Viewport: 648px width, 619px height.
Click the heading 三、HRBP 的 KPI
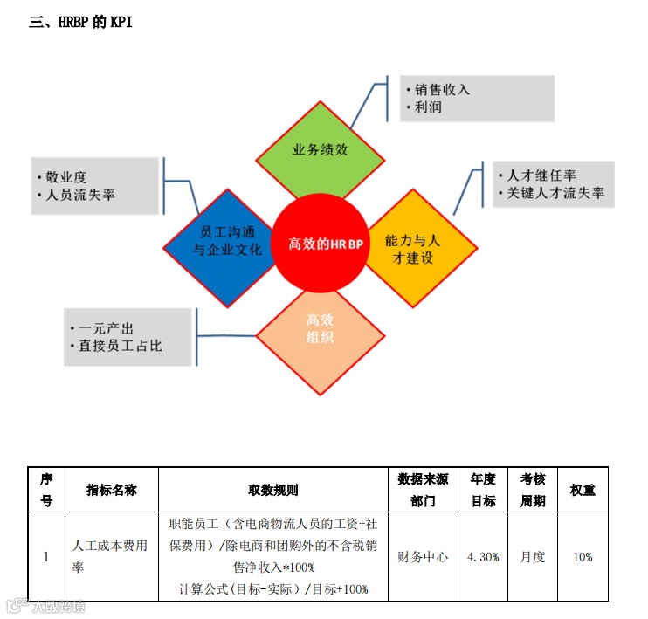click(80, 22)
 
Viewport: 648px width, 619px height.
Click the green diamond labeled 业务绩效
click(320, 149)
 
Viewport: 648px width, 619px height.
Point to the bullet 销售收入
click(442, 89)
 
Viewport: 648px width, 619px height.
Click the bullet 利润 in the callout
click(428, 108)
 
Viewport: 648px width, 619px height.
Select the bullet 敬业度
click(66, 177)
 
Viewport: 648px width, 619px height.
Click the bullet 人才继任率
click(541, 175)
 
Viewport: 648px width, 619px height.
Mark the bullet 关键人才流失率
click(555, 193)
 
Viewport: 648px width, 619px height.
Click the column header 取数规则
click(273, 490)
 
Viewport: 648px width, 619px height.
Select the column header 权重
click(583, 490)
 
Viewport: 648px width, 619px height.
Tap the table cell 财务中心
click(423, 556)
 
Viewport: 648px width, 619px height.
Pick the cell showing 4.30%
click(483, 556)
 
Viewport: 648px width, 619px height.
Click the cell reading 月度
click(533, 556)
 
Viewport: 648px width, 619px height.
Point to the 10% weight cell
click(583, 556)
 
